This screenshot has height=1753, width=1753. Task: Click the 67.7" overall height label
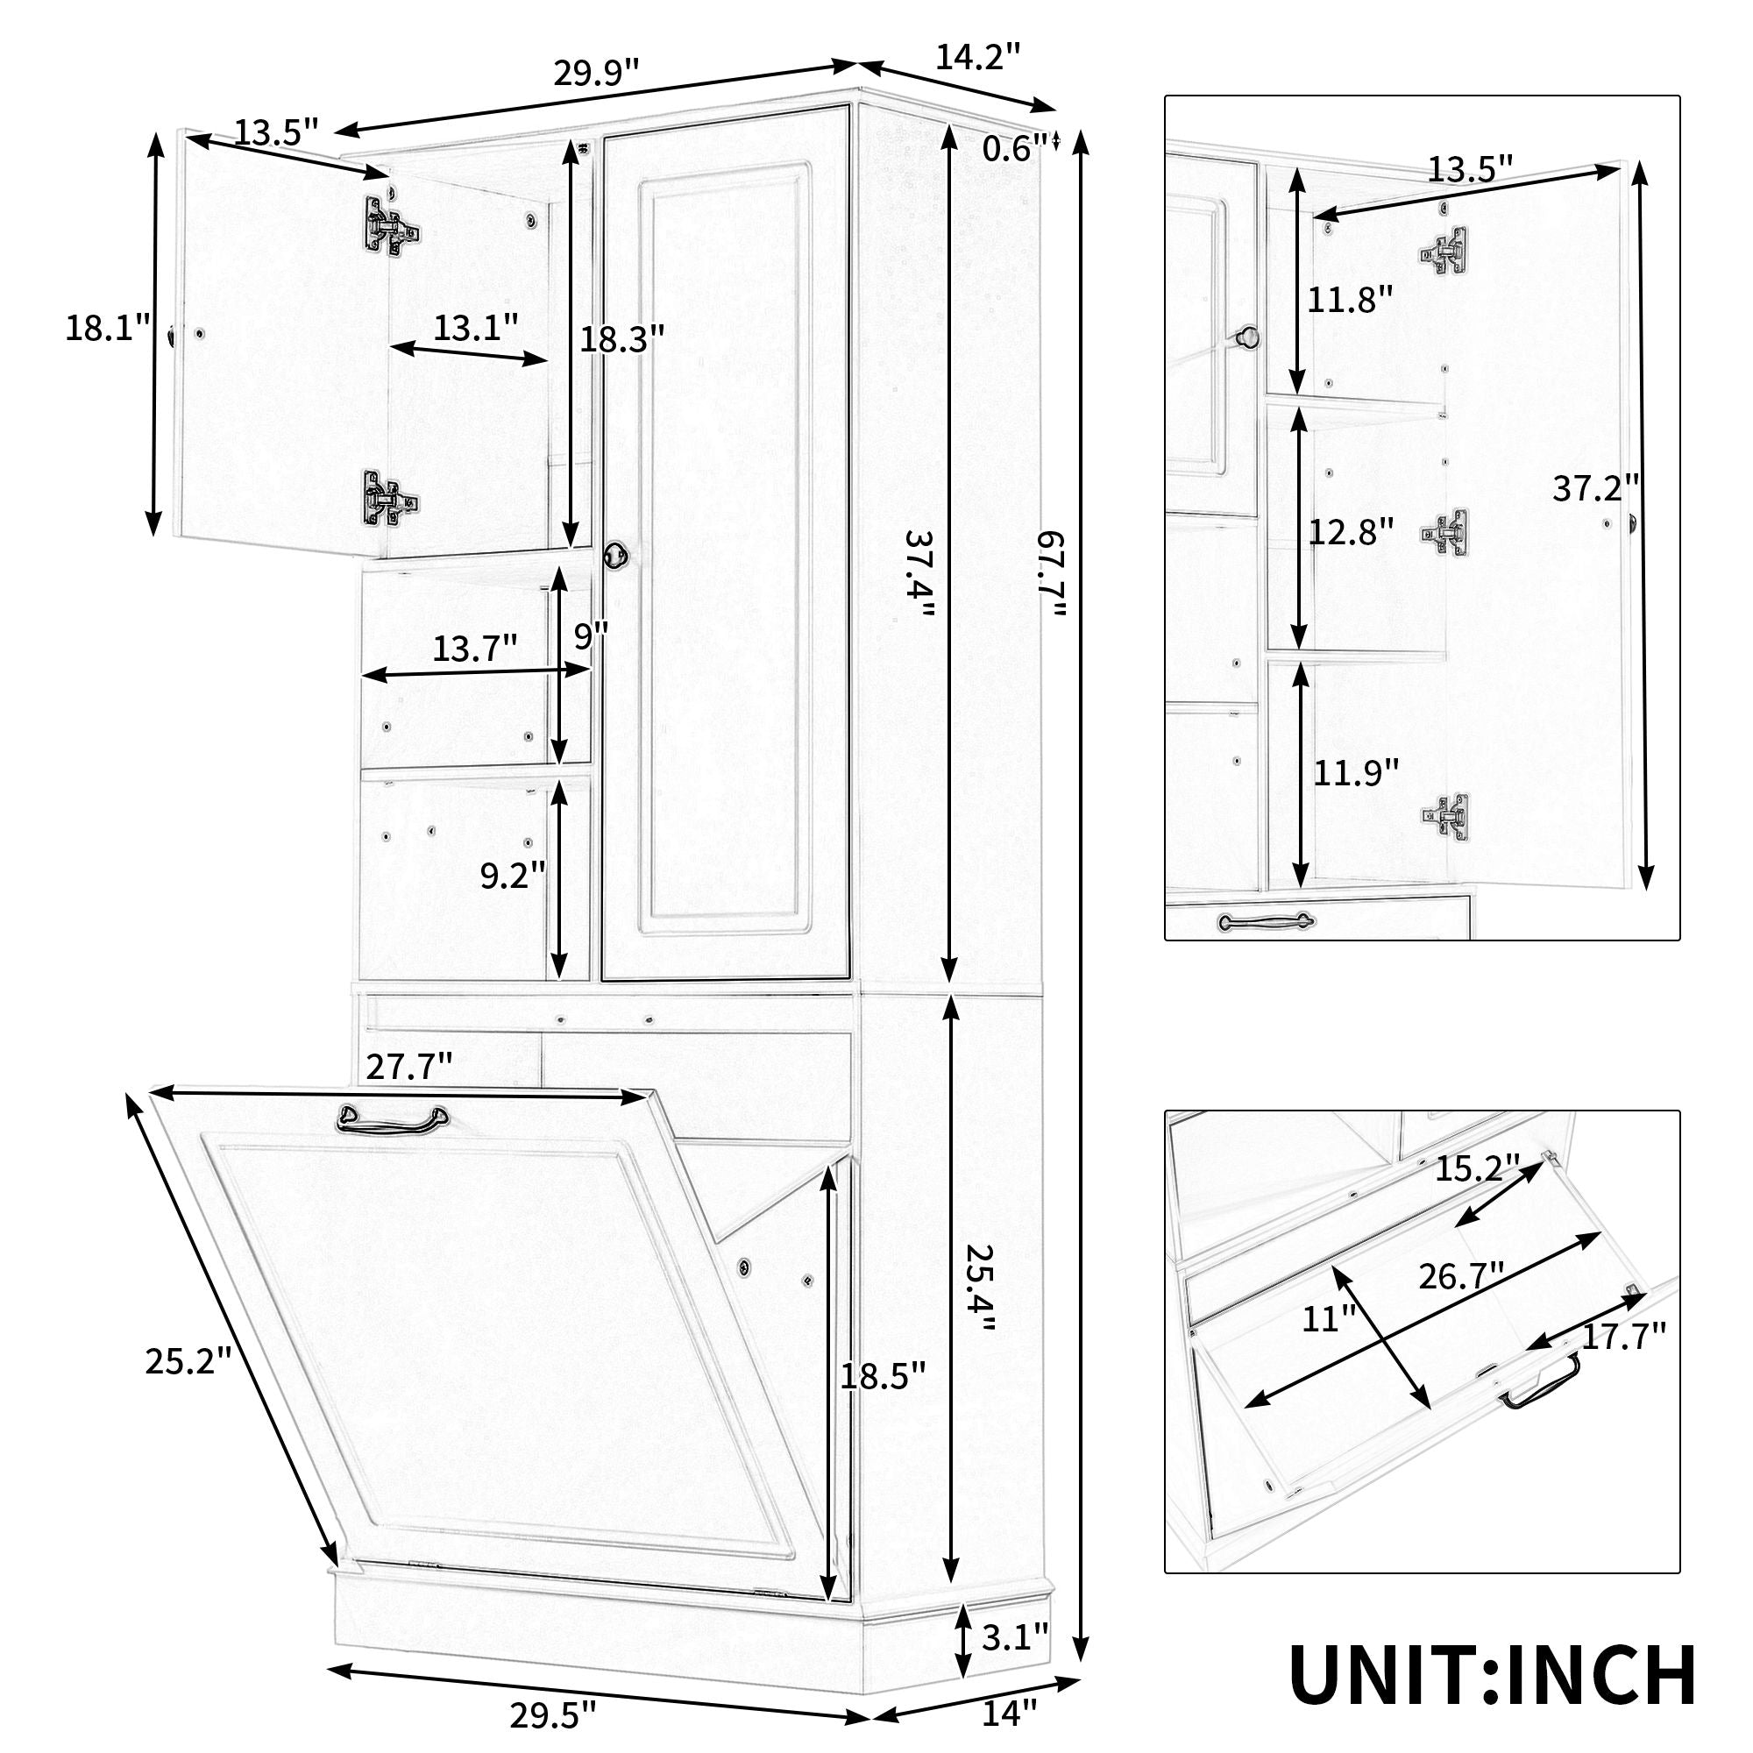tap(1053, 575)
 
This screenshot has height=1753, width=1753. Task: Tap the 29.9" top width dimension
tap(596, 72)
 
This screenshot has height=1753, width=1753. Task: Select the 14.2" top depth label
tap(978, 56)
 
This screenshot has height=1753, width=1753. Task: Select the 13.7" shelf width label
tap(474, 649)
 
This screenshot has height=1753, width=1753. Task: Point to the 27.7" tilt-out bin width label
tap(409, 1066)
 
